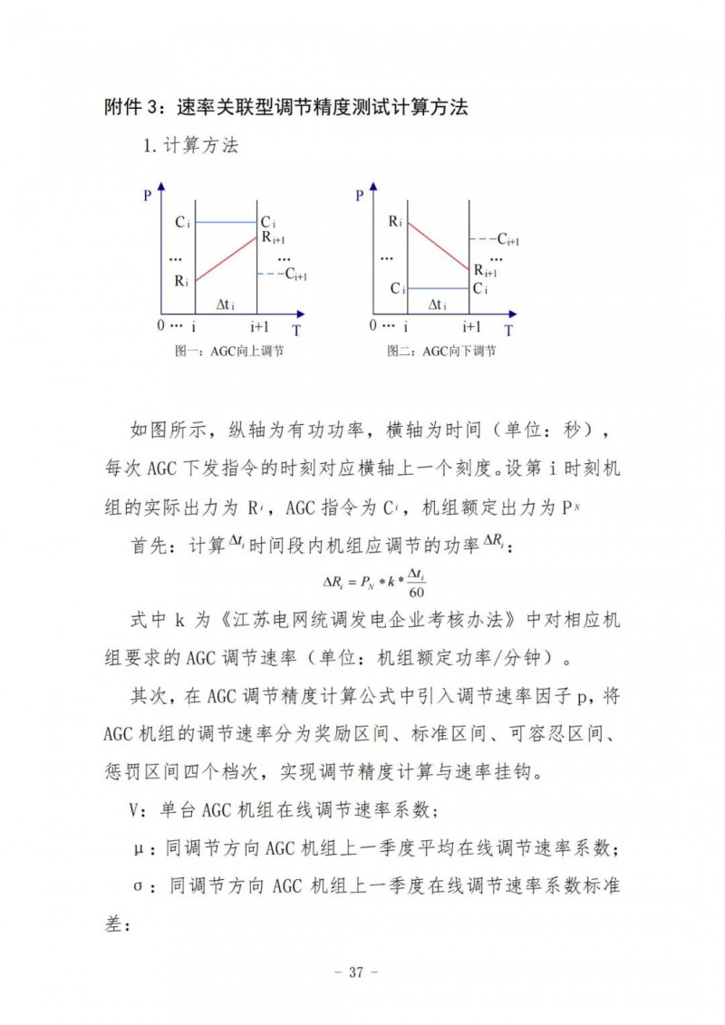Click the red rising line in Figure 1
[x=227, y=261]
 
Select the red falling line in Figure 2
[x=439, y=246]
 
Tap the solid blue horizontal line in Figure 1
[x=227, y=222]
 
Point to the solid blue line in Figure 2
[x=438, y=288]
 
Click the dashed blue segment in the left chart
[x=269, y=274]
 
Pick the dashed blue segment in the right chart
[x=481, y=239]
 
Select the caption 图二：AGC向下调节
[x=441, y=351]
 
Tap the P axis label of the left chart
[x=148, y=195]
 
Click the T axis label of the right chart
[x=508, y=330]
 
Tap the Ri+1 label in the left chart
[x=273, y=238]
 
